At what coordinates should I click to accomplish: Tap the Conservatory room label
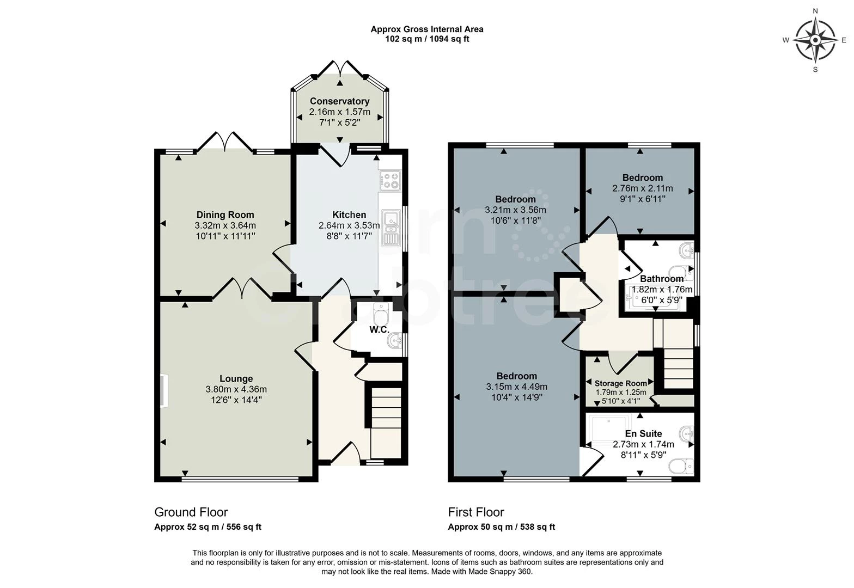(339, 101)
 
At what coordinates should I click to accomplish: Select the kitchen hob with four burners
(391, 180)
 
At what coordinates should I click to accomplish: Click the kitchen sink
(391, 227)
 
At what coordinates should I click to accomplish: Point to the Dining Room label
(225, 215)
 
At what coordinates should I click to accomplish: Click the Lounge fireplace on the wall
(164, 390)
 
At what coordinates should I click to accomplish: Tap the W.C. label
(379, 330)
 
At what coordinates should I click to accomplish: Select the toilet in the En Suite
(681, 466)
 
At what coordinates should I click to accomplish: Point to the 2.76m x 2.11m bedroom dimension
(643, 189)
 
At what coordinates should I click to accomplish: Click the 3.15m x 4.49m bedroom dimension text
(516, 387)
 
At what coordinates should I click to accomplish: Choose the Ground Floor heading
(191, 512)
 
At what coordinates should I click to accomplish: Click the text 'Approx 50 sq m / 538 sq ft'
(501, 526)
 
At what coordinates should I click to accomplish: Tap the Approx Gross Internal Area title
(426, 29)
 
